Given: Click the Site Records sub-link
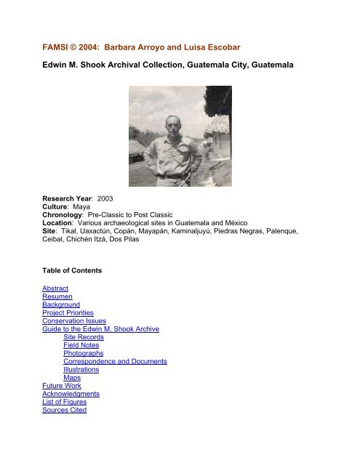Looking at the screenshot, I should pyautogui.click(x=85, y=337).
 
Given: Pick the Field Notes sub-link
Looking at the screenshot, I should pyautogui.click(x=83, y=346).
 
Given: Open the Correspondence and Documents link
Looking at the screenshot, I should pyautogui.click(x=115, y=361).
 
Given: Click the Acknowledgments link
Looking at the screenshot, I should pyautogui.click(x=71, y=394).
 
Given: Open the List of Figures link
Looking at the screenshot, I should pyautogui.click(x=67, y=402).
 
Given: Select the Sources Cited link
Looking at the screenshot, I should pyautogui.click(x=65, y=411).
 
